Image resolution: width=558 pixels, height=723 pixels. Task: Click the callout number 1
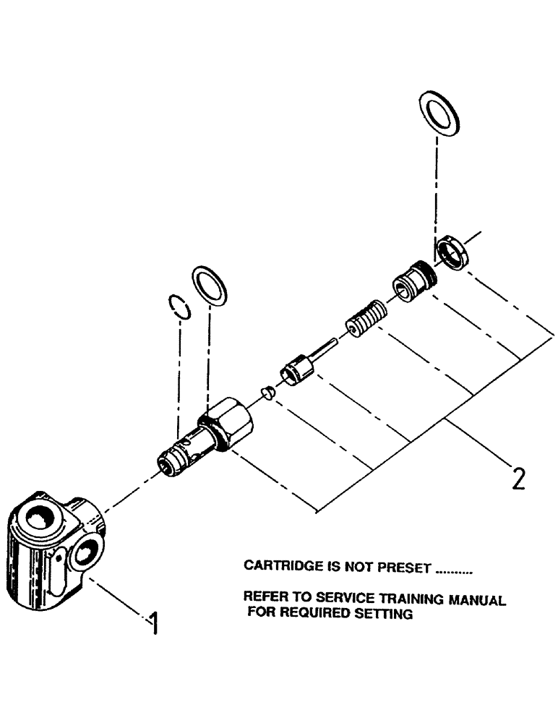click(x=153, y=623)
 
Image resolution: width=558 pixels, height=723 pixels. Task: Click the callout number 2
click(x=518, y=479)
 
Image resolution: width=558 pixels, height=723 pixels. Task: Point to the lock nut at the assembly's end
click(x=453, y=254)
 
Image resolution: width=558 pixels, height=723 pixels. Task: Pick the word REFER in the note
click(x=264, y=599)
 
